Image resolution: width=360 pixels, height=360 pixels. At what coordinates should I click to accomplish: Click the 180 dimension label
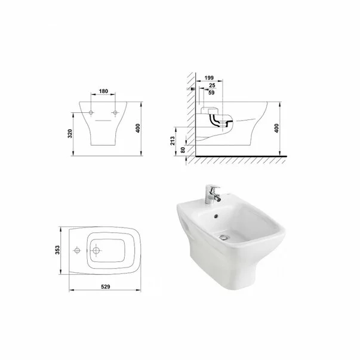103,91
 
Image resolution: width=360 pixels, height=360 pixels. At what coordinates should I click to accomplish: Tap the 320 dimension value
70,134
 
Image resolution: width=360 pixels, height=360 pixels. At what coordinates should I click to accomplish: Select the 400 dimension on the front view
138,128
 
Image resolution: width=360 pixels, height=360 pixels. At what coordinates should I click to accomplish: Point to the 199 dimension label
209,78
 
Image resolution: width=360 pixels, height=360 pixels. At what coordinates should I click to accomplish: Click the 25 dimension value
212,85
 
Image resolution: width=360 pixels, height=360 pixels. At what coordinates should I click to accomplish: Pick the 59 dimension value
211,93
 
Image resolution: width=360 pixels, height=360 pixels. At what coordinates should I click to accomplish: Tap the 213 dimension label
173,141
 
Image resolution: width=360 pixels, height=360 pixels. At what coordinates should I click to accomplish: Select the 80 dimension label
183,150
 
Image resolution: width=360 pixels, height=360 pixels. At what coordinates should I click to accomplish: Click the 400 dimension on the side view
276,128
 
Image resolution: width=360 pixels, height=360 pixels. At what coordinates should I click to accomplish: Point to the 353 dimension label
57,250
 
